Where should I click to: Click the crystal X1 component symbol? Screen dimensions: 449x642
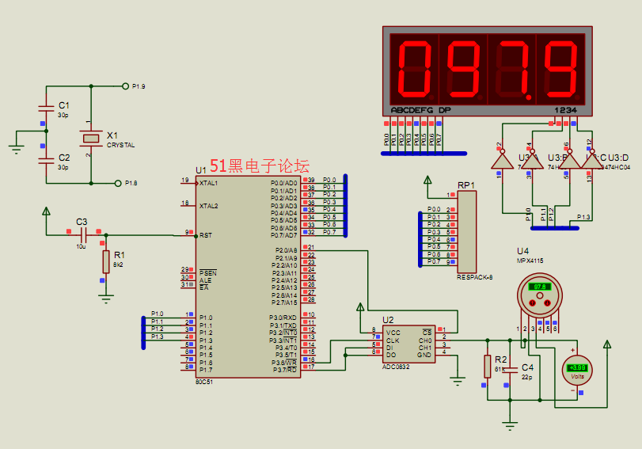click(93, 138)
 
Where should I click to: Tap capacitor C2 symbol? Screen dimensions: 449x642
click(45, 159)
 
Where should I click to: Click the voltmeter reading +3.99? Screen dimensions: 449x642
click(578, 367)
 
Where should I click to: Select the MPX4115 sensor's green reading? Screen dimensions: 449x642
click(541, 287)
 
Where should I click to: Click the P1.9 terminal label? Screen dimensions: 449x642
click(139, 86)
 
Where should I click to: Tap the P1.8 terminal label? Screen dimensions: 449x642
click(131, 183)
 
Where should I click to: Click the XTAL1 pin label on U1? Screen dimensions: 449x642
click(209, 183)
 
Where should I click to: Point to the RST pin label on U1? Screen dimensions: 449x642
click(206, 235)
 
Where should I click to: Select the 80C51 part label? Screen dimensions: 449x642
click(204, 381)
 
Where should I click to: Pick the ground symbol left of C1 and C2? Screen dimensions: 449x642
click(15, 144)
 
